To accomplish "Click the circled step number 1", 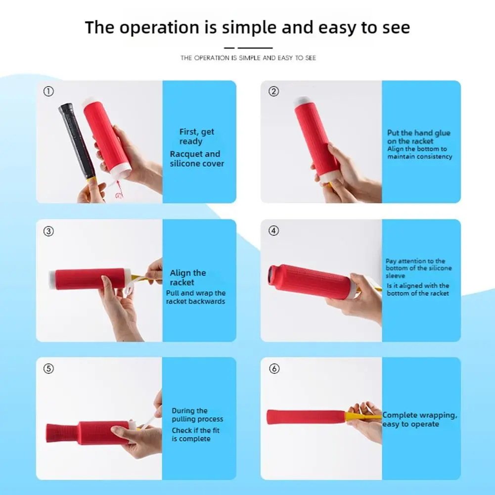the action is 48,91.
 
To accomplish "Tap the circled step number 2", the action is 273,91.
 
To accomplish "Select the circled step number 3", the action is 48,231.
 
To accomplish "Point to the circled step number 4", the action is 273,231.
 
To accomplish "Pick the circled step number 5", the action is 48,368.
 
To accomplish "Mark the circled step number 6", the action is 274,368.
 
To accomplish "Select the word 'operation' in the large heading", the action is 160,28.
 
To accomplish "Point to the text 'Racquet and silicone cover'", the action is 197,159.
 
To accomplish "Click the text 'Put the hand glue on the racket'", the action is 419,137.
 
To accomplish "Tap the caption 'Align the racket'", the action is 188,277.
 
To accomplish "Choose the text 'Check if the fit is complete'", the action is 195,434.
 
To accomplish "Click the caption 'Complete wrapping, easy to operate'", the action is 419,419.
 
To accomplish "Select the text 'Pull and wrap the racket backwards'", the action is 196,297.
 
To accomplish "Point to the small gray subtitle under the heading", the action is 248,58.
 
